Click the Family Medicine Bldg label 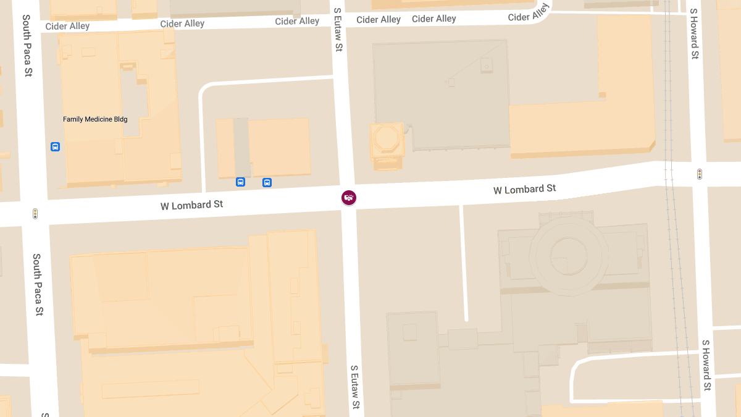pos(95,119)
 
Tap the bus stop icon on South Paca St pos(55,146)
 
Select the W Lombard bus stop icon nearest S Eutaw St pos(267,182)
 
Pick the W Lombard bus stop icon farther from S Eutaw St pos(240,182)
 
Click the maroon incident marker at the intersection pos(349,198)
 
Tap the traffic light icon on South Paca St pos(35,214)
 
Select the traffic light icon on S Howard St pos(700,174)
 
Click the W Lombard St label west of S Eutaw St pos(191,204)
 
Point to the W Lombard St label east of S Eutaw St pos(524,189)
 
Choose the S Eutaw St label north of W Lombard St pos(338,29)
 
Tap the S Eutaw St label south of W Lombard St pos(354,387)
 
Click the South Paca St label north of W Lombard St pos(27,46)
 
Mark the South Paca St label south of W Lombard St pos(38,284)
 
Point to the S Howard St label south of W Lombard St pos(706,364)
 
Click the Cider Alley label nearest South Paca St pos(67,26)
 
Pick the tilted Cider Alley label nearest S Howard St pos(529,13)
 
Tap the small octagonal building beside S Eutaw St pos(387,139)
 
